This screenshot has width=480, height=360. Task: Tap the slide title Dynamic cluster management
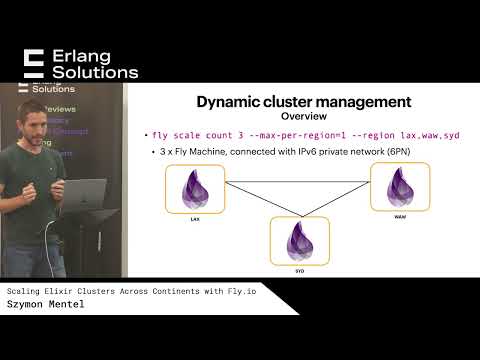pyautogui.click(x=303, y=101)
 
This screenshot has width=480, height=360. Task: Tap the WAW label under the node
pyautogui.click(x=399, y=214)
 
